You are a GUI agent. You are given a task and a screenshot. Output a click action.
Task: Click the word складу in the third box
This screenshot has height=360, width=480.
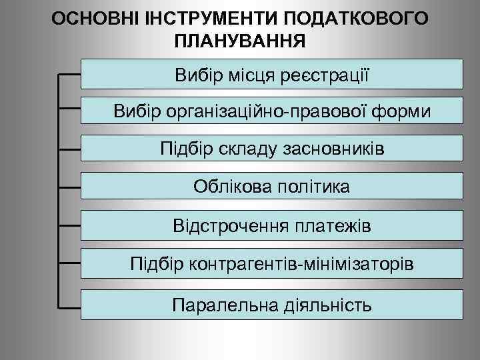pos(239,148)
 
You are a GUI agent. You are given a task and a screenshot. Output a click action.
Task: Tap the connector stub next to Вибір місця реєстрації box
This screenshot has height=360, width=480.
pos(69,71)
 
